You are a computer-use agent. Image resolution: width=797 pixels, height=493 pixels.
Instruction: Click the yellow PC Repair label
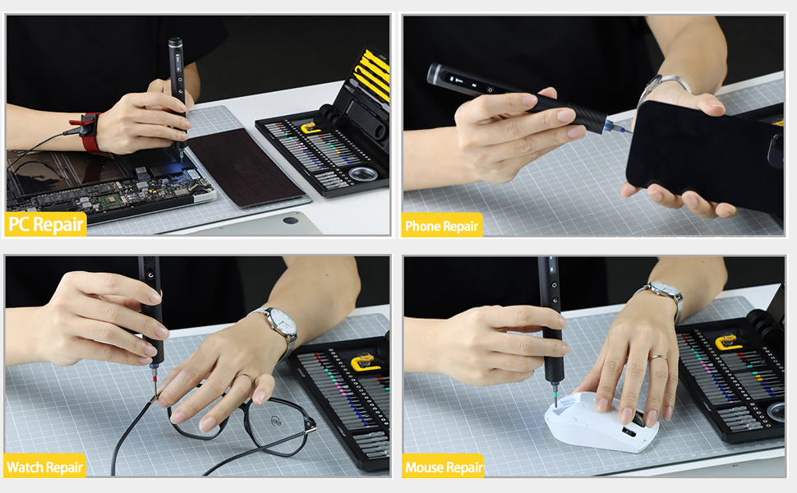(x=46, y=224)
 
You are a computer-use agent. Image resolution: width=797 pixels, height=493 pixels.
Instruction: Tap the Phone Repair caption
(x=442, y=226)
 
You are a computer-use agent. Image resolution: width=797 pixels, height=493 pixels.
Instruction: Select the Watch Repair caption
(x=45, y=468)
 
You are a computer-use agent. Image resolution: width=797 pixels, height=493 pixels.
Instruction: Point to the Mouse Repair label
(x=444, y=468)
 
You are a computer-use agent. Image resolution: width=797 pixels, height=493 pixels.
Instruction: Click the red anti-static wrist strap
(x=89, y=132)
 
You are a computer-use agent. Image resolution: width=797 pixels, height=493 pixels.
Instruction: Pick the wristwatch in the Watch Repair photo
(x=279, y=325)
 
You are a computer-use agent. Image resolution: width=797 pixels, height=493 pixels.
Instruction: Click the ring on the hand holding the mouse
(x=657, y=358)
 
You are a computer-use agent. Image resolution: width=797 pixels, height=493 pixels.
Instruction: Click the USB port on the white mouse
(x=629, y=432)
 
